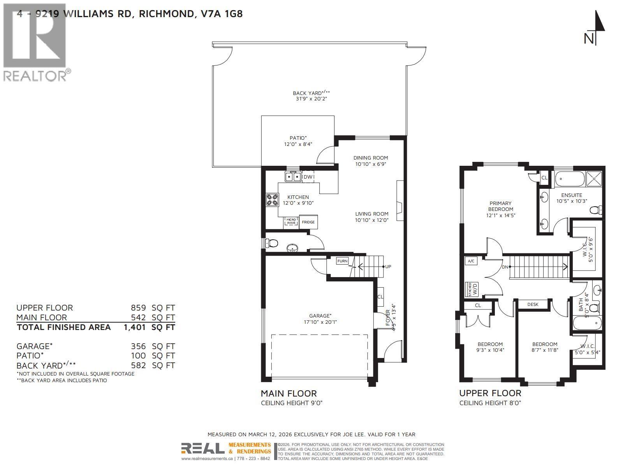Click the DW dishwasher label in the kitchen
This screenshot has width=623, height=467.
308,177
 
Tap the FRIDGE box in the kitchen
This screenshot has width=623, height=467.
308,222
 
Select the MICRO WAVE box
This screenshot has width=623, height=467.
291,221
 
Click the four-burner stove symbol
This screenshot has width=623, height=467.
272,200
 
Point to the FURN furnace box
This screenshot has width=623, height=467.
342,261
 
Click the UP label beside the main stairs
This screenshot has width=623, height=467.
388,267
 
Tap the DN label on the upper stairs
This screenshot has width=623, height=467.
505,267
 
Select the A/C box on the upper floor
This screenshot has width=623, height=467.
471,261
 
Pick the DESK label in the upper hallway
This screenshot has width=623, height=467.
533,304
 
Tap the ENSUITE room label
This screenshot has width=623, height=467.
572,195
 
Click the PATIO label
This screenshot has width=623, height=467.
298,138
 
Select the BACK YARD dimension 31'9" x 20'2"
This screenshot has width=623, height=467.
311,99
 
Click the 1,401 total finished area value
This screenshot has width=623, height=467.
135,327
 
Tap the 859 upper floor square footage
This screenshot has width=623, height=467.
138,307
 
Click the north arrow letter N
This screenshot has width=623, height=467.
589,39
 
